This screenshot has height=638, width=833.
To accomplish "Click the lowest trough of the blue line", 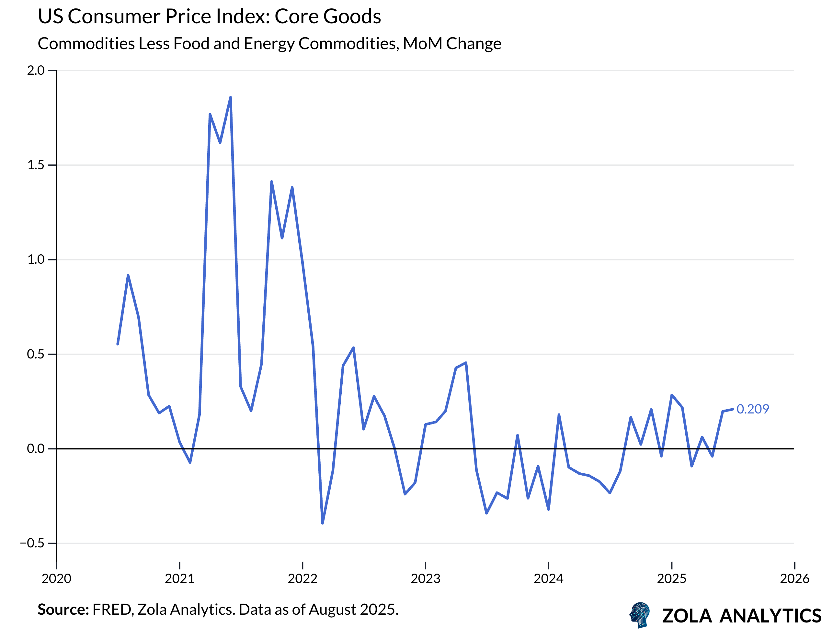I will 322,523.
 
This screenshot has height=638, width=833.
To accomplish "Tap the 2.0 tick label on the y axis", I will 36,70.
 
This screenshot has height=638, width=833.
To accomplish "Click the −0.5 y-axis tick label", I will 32,543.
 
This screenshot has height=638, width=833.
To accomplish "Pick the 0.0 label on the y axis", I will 36,448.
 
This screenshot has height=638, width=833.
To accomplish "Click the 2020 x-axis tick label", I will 56,579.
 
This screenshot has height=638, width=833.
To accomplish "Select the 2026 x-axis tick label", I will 794,579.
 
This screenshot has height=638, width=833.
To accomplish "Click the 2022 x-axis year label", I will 302,579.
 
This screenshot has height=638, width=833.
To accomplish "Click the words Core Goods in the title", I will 327,17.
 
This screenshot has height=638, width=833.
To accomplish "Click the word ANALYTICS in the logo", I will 770,616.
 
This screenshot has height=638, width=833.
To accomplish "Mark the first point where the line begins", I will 118,344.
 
